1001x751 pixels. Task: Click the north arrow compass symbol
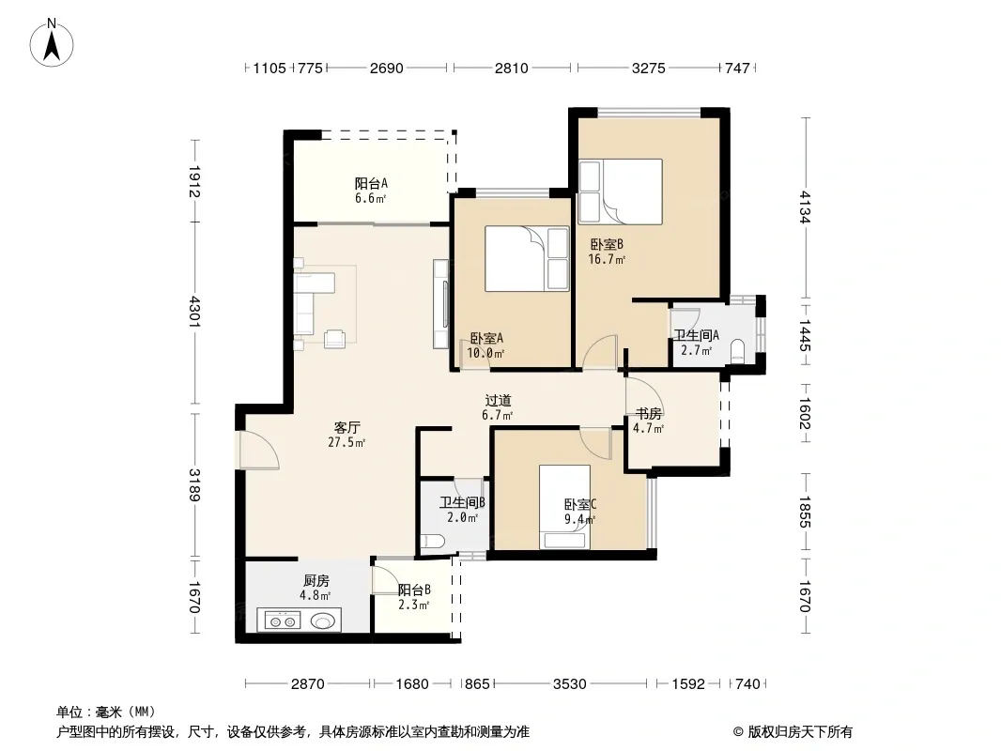pyautogui.click(x=52, y=43)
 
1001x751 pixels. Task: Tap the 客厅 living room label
pyautogui.click(x=346, y=427)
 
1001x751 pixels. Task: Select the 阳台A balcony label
pyautogui.click(x=371, y=184)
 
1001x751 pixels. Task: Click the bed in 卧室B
pyautogui.click(x=621, y=192)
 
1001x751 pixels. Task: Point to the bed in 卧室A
pyautogui.click(x=527, y=258)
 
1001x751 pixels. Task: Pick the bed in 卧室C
pyautogui.click(x=564, y=507)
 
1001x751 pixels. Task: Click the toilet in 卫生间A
pyautogui.click(x=737, y=352)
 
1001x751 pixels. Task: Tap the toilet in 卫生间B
pyautogui.click(x=433, y=543)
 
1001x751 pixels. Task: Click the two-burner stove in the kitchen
pyautogui.click(x=282, y=621)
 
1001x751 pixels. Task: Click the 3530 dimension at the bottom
pyautogui.click(x=569, y=684)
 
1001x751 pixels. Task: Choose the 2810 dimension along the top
pyautogui.click(x=512, y=68)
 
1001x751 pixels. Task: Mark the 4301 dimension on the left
pyautogui.click(x=194, y=312)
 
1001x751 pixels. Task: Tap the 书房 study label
pyautogui.click(x=648, y=413)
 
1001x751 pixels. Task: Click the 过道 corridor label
pyautogui.click(x=498, y=401)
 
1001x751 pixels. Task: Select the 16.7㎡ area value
pyautogui.click(x=607, y=259)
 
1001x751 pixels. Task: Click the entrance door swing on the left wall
pyautogui.click(x=257, y=452)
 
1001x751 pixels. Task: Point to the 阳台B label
pyautogui.click(x=414, y=590)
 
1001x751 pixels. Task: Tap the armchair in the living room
pyautogui.click(x=334, y=339)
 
